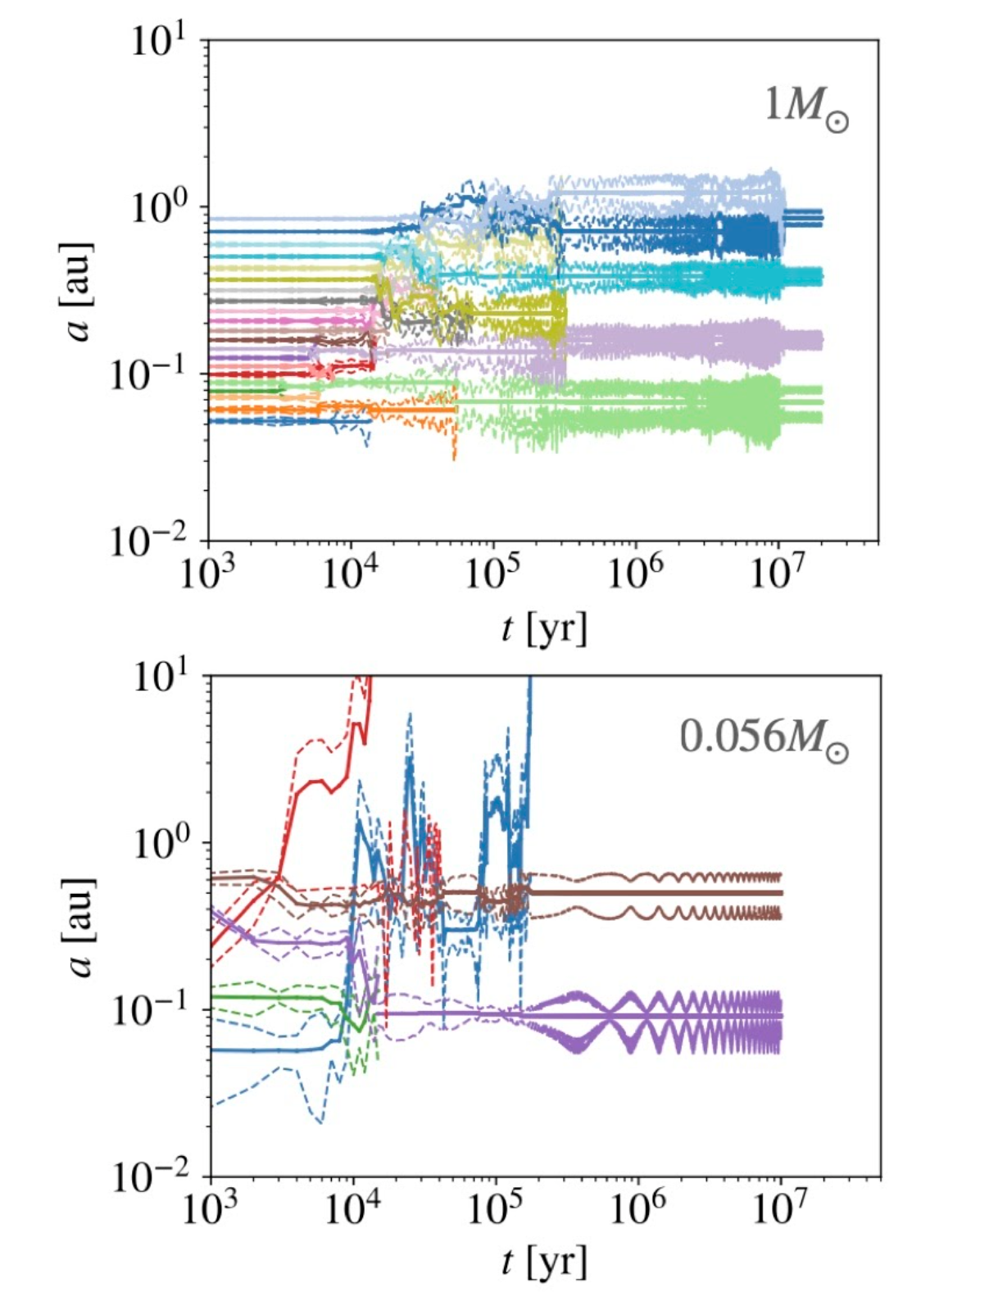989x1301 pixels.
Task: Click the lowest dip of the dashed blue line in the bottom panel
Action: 320,1122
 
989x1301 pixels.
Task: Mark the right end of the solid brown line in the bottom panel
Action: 783,893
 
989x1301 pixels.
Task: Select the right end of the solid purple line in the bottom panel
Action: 783,1016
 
